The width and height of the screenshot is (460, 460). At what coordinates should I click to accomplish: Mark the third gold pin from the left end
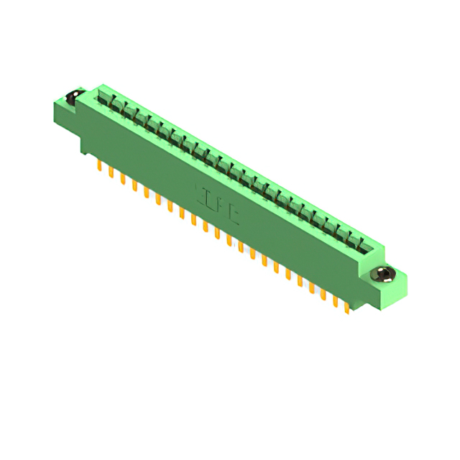[x=122, y=179]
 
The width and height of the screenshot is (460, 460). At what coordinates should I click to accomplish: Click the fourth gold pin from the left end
[x=134, y=185]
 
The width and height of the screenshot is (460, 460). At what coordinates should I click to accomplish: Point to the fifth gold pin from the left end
[x=146, y=192]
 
